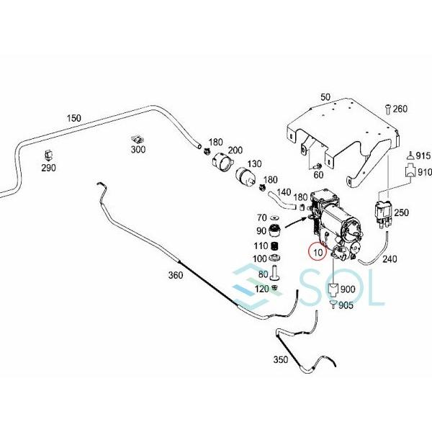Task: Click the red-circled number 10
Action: pos(317,253)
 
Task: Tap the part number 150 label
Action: pos(73,117)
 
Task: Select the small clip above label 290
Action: pos(48,153)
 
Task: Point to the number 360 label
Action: pos(176,275)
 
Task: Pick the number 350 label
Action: pos(280,359)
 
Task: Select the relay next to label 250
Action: pos(382,211)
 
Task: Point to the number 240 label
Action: pos(390,259)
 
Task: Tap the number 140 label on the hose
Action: pos(284,193)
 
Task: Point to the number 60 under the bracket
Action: pos(318,174)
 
